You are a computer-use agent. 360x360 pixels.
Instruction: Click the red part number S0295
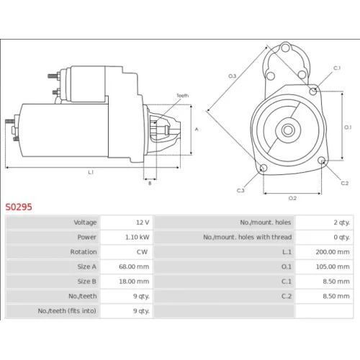pos(19,207)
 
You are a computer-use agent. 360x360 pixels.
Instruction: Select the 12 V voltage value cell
pos(143,222)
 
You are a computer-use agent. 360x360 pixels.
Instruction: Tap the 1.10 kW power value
pos(138,237)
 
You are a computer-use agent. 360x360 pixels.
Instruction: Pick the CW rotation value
pos(142,252)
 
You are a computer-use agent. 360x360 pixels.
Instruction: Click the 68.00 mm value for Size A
pos(134,266)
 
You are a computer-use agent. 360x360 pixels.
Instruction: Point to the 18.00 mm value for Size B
pos(134,282)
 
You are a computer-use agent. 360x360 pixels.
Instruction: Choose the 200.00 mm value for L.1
pos(333,252)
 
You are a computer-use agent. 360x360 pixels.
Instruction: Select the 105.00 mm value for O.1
pos(333,266)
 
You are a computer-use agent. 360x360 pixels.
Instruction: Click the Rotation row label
pos(84,252)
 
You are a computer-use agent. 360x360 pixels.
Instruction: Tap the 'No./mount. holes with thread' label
pos(248,237)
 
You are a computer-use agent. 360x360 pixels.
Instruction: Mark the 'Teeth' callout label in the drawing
pos(183,96)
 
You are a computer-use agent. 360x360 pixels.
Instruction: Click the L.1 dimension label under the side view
pos(91,172)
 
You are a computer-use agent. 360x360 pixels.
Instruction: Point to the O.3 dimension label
pos(232,76)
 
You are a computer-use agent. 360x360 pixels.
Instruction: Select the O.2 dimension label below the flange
pos(292,198)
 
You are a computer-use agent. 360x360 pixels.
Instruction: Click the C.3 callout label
pos(240,191)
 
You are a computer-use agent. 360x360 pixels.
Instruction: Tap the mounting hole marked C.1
pos(313,91)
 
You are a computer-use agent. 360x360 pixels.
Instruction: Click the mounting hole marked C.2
pos(322,161)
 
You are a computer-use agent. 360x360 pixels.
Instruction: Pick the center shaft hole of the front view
pos(288,130)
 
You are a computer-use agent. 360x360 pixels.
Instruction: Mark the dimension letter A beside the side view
pos(197,130)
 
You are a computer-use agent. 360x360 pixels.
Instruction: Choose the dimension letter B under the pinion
pos(150,184)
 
